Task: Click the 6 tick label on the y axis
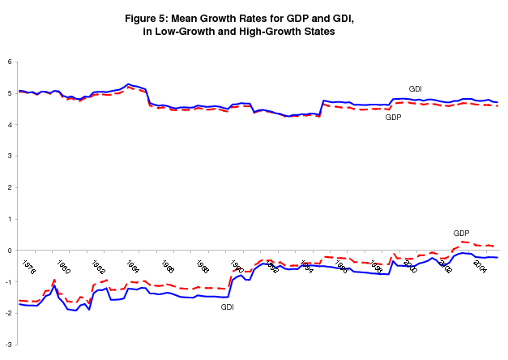click(x=8, y=62)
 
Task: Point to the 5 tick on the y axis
click(x=8, y=93)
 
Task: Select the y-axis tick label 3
click(x=8, y=156)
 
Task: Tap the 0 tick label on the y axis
click(x=8, y=250)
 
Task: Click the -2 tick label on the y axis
click(x=6, y=312)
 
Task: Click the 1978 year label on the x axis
click(x=28, y=267)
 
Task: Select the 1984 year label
click(x=132, y=267)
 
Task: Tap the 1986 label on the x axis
click(x=167, y=267)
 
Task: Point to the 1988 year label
click(x=202, y=267)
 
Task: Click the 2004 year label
click(x=479, y=267)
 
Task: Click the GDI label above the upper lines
click(x=415, y=88)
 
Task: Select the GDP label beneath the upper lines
click(x=393, y=117)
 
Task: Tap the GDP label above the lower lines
click(x=461, y=233)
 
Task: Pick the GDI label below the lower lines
click(x=228, y=306)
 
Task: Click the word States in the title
click(x=315, y=31)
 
